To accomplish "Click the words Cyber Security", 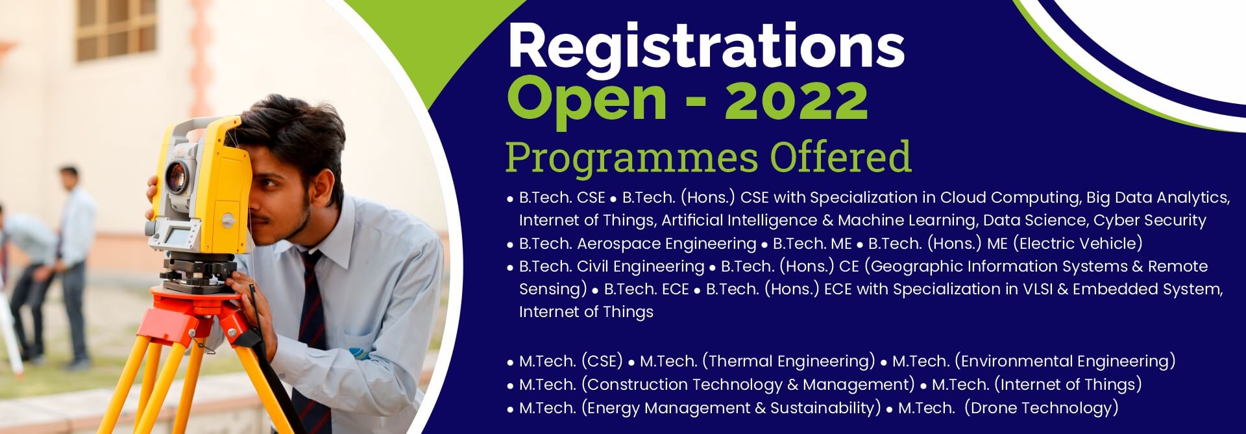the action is coord(1150,221).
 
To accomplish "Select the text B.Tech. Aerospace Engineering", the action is coord(637,244).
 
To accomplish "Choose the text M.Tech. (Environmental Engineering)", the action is coord(1034,361).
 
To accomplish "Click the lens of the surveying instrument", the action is coord(176,175).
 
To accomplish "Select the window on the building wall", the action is coord(117,29).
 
